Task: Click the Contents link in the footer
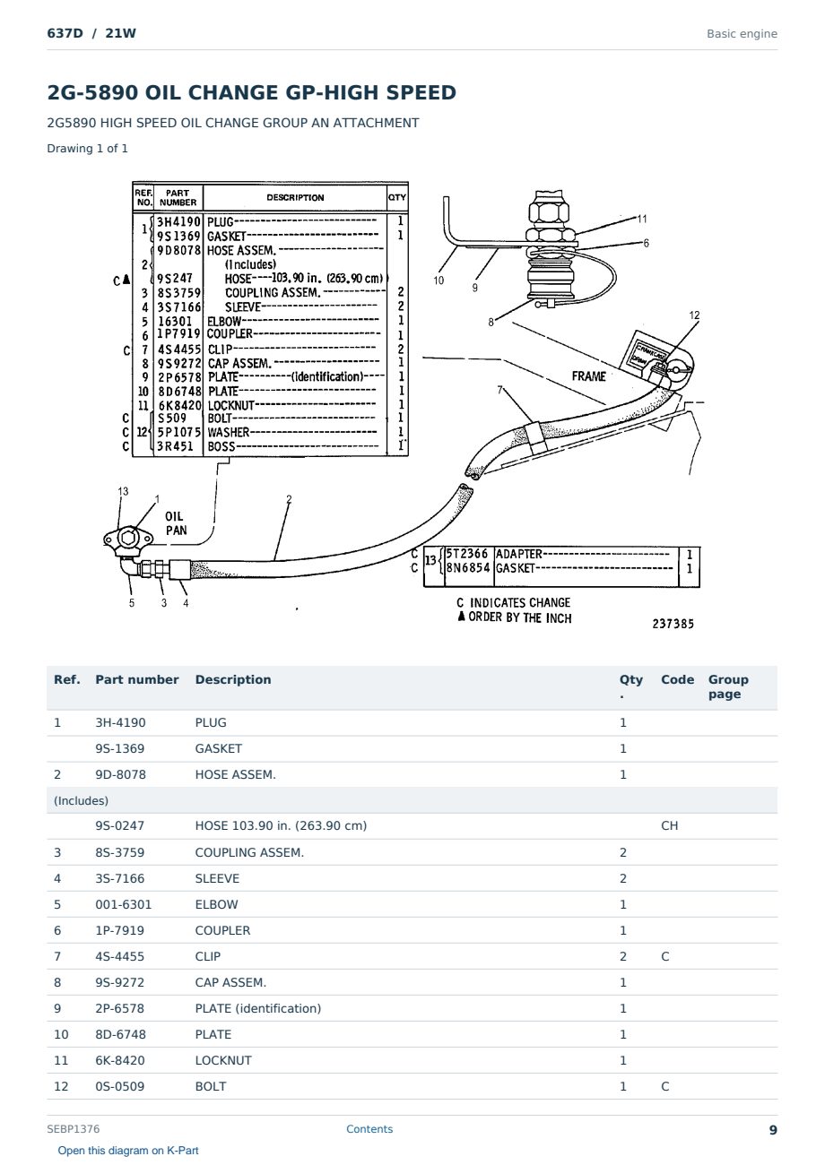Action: pos(369,1128)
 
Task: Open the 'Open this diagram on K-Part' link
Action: pos(128,1150)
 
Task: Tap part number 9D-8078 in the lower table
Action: pos(120,774)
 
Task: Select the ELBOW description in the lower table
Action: pos(216,904)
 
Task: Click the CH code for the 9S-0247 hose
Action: pos(669,825)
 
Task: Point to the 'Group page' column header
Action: pos(728,686)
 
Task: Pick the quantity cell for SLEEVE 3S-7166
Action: pos(623,878)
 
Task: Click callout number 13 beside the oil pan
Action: pos(123,491)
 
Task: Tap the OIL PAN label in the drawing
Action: pos(176,522)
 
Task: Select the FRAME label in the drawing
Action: pos(588,376)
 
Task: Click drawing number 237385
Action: pos(673,624)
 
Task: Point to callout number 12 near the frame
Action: pos(694,315)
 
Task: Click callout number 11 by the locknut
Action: pos(642,219)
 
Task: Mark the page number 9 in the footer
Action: pos(773,1130)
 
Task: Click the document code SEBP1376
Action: pos(73,1128)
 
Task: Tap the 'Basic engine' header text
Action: pos(742,34)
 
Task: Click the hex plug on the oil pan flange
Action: pos(127,538)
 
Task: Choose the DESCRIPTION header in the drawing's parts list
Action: pos(295,198)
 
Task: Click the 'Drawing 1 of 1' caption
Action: pos(87,148)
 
